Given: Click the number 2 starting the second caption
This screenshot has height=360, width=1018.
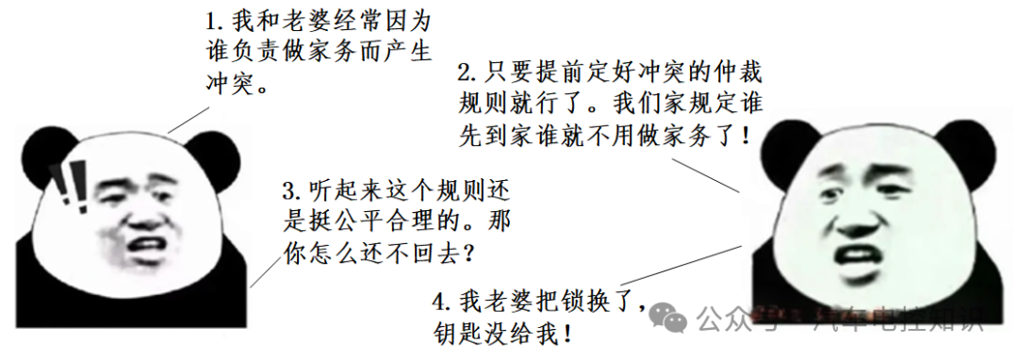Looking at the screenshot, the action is coord(464,73).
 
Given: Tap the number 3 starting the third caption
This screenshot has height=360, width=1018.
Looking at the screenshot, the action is coord(289,189).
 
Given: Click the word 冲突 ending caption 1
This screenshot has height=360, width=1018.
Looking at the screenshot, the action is coord(230,81).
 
